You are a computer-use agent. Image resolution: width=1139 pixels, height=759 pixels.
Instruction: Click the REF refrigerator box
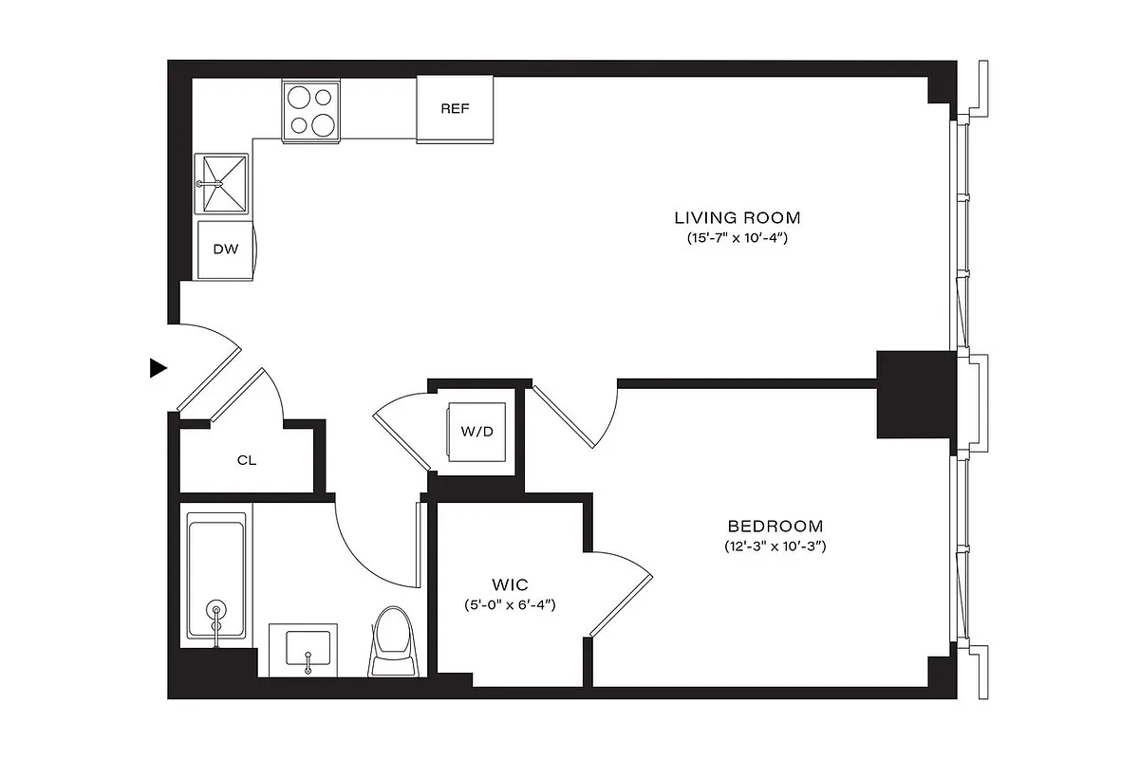pos(456,109)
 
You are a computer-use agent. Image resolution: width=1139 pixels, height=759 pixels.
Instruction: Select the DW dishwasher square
pos(225,250)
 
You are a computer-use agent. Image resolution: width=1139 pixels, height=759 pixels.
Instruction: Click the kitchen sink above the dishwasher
pos(223,183)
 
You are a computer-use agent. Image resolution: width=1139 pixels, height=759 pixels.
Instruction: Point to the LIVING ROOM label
pos(738,216)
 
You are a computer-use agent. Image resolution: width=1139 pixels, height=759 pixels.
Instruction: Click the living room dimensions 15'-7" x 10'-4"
pos(738,239)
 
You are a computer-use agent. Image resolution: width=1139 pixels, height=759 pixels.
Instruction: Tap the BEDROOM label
pos(775,526)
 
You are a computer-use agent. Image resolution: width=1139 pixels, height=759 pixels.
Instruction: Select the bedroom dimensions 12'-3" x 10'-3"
pos(775,547)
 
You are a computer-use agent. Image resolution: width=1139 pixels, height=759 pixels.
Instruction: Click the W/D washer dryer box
pos(477,432)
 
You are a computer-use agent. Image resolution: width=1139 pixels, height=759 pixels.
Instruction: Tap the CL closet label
pos(247,461)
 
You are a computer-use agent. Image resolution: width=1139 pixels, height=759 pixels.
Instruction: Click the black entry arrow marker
pos(159,368)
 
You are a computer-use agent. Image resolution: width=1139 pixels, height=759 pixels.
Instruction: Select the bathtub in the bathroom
pos(216,576)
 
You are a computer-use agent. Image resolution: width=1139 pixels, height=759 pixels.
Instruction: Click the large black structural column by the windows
pos(914,394)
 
